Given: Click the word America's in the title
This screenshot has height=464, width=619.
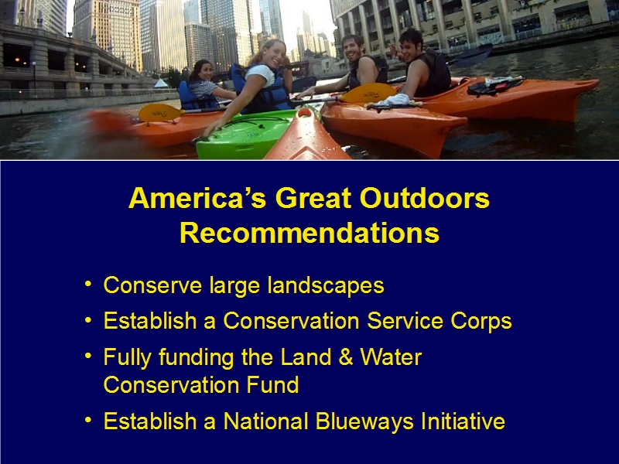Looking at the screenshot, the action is point(197,198).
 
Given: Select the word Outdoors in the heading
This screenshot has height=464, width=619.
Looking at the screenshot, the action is point(424,198).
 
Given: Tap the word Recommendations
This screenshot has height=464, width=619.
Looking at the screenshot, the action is point(309,233).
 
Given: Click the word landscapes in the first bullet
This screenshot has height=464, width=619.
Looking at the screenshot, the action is point(325,285).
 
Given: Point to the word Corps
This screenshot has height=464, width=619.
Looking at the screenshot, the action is point(480,321).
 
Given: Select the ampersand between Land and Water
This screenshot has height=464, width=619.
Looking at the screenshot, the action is point(345,357).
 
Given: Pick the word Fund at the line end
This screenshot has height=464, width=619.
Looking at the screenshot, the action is point(272,384).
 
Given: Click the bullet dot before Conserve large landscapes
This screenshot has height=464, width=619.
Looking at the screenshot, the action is point(88,284).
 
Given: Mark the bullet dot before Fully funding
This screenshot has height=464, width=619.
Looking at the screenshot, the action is point(88,356).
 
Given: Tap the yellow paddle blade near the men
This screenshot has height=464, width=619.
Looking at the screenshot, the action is point(369,93).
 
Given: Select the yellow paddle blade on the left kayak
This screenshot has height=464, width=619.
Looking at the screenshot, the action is point(160,113).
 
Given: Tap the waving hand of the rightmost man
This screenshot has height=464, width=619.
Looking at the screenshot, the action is point(394,49).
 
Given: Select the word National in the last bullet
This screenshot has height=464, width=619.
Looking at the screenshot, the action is point(265,421).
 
